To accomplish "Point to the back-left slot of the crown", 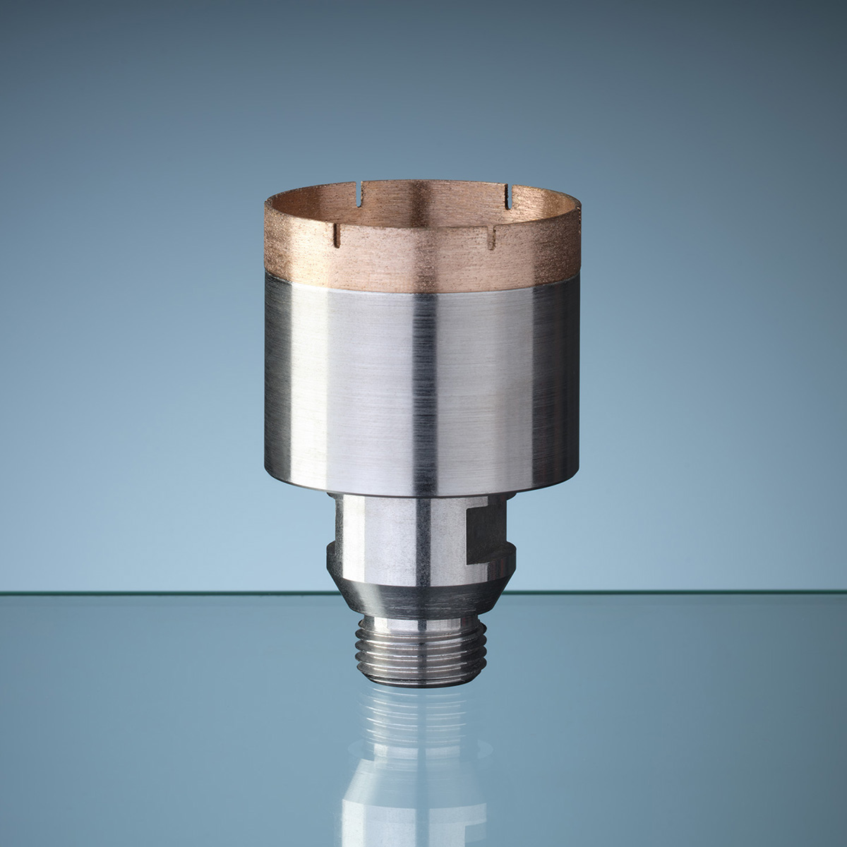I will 361,189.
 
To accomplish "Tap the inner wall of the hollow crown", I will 423,212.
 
